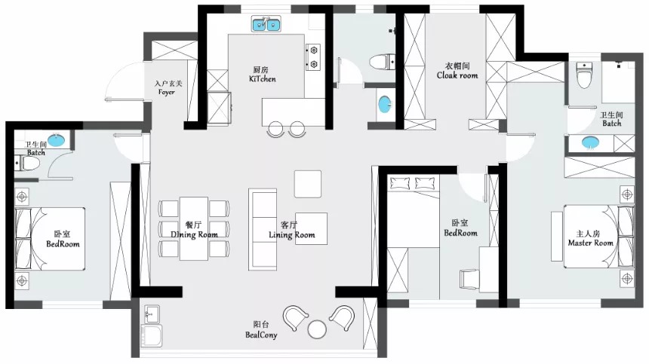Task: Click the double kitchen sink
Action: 266,24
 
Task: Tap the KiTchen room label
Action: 263,79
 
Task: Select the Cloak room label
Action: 457,75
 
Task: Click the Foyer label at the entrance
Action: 166,92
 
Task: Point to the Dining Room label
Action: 194,234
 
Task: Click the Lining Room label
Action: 292,235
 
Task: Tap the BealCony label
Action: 261,335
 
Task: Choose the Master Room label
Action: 590,243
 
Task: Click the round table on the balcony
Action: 317,329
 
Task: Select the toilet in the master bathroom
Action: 584,75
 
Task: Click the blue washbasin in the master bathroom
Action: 590,143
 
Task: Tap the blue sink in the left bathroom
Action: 57,140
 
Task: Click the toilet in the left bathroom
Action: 27,164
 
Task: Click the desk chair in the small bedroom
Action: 469,279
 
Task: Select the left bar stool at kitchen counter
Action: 275,129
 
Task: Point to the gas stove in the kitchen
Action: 313,57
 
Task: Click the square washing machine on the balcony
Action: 151,335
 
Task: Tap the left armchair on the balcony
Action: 295,318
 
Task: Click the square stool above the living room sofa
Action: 308,184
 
